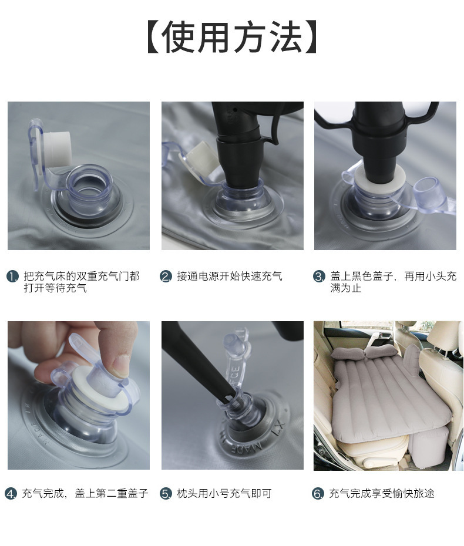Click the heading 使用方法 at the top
pos(232,37)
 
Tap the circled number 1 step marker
pos(12,277)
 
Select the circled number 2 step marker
pos(166,277)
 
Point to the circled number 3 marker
pos(319,277)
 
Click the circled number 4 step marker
pos(11,493)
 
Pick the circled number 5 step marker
pos(166,493)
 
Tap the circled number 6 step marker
pos(318,493)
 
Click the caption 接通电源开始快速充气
pos(230,277)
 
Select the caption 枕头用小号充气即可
pos(224,493)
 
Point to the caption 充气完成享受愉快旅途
pos(382,493)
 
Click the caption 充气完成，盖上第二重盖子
pos(85,493)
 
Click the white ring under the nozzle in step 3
pos(379,177)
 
